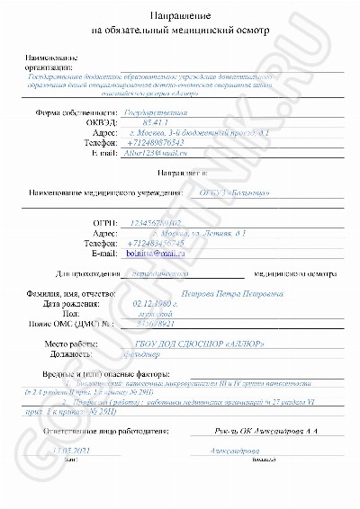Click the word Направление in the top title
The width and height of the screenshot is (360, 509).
point(179,17)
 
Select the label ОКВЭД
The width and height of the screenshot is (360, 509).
point(102,121)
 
